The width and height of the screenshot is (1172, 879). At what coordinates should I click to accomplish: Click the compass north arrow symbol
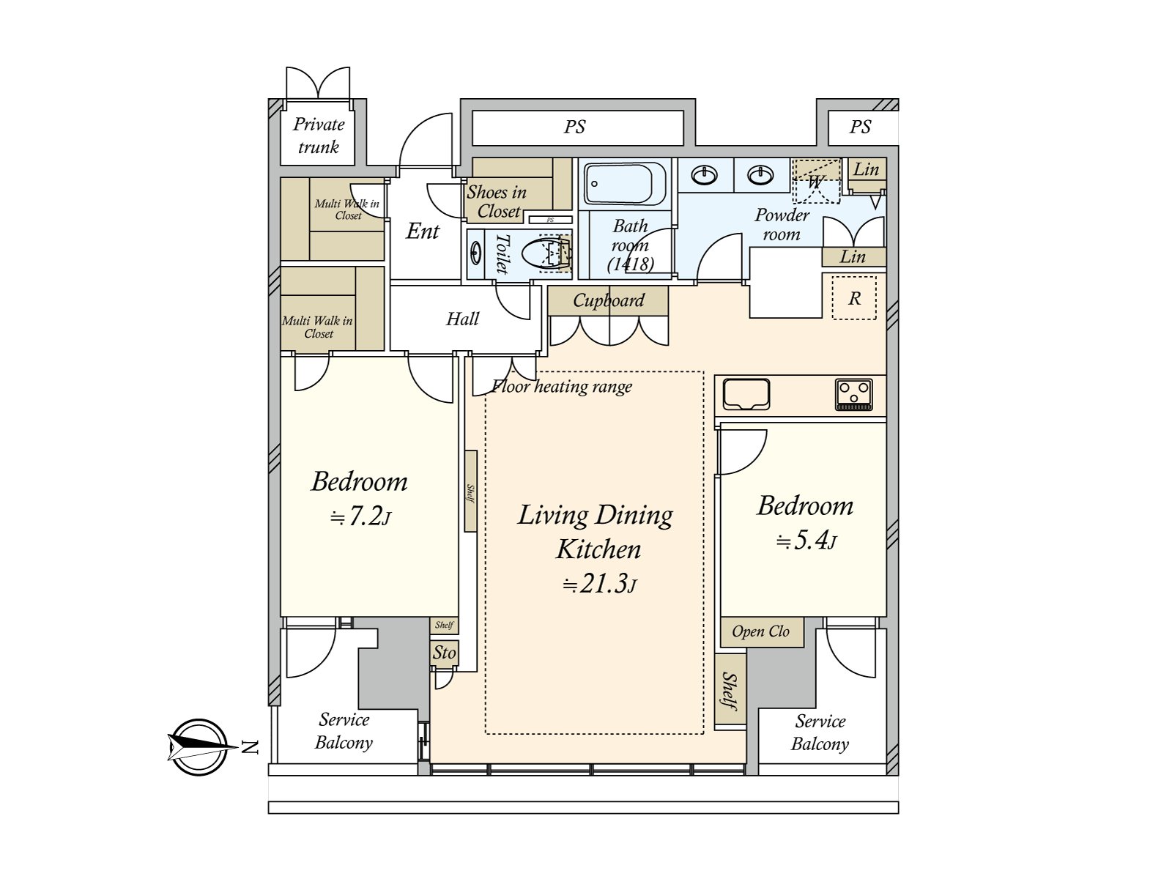(199, 747)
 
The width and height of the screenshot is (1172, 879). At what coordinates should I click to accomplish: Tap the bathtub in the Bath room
(625, 184)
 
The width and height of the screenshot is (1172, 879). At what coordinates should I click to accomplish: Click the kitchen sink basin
(746, 394)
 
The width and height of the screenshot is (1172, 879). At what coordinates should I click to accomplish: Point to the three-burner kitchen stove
(854, 394)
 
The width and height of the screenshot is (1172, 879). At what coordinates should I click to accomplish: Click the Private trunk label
(319, 136)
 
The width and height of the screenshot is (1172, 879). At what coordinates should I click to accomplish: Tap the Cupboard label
(609, 300)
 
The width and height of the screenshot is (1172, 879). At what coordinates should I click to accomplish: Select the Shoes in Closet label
(497, 201)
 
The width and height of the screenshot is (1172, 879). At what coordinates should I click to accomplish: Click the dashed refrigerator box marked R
(854, 298)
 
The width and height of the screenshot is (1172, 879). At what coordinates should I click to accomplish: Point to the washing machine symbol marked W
(816, 182)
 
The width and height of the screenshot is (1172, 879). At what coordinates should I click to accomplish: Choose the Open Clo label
(760, 632)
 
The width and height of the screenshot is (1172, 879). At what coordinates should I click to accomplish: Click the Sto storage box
(444, 653)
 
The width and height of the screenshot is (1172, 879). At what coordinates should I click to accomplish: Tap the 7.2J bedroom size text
(360, 516)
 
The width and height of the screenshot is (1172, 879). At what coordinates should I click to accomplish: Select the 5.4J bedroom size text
(806, 541)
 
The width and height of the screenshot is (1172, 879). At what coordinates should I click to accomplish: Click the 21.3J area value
(600, 584)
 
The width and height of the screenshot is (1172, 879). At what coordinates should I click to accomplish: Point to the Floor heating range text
(562, 387)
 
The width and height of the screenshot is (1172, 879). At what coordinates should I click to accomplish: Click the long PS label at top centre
(575, 127)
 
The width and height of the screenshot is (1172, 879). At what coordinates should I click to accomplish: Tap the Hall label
(462, 319)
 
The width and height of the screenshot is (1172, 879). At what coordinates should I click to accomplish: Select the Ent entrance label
(423, 231)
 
